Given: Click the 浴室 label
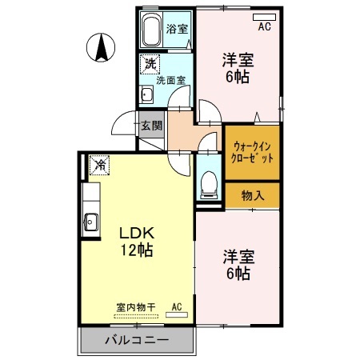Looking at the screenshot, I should (x=177, y=29).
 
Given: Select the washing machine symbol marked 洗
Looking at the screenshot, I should (x=150, y=63).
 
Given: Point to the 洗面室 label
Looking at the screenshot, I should (x=170, y=80).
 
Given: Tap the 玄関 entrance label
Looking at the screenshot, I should (x=151, y=126).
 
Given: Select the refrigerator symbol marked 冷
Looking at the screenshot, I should (x=100, y=165).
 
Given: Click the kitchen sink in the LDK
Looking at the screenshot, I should (x=91, y=222).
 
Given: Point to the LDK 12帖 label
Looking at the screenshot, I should (x=136, y=241).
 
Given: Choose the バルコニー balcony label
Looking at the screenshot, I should (x=137, y=340).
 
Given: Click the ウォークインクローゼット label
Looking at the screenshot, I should (x=252, y=152).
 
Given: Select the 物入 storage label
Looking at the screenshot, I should (x=252, y=194).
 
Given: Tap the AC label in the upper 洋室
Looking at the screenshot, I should (x=264, y=26).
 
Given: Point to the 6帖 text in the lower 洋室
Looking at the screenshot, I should (x=238, y=274).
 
